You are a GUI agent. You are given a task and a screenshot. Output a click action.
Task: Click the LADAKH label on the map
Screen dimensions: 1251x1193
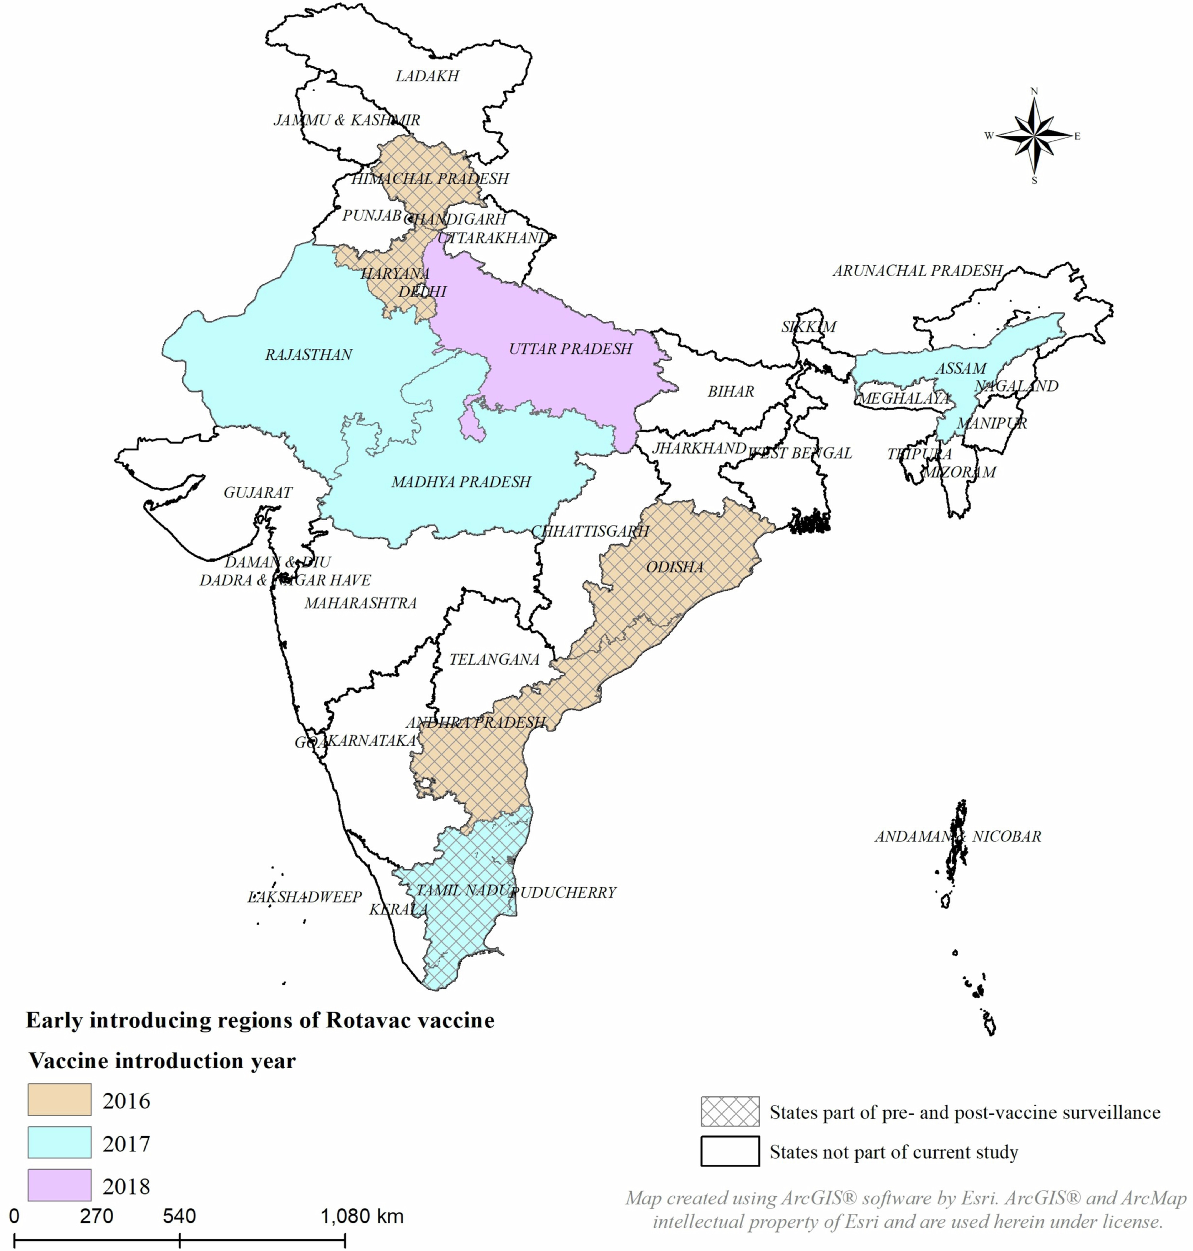[x=427, y=76]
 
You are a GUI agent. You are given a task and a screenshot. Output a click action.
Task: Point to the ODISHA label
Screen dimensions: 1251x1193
[x=675, y=567]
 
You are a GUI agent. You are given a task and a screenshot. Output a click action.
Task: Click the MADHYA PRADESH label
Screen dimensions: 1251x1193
[x=461, y=482]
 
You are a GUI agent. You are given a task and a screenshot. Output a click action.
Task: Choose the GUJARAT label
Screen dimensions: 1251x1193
[x=257, y=492]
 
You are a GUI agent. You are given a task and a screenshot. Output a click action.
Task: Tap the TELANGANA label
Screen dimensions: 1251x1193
[x=494, y=660]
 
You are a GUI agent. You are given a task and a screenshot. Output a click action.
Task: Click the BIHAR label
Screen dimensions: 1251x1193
[x=731, y=392]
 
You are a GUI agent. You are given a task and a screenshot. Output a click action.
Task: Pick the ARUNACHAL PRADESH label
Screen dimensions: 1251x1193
[x=917, y=271]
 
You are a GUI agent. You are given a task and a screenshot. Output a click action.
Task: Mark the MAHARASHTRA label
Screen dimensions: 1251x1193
[x=360, y=603]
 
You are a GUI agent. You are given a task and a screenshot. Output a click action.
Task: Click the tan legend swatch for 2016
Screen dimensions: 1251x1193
[x=59, y=1100]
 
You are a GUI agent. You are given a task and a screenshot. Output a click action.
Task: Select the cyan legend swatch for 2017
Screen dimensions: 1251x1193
[x=59, y=1142]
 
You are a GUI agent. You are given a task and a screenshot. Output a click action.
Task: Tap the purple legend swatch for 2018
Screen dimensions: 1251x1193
[x=59, y=1185]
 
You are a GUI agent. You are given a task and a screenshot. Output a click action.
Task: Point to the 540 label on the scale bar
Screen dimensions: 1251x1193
[x=179, y=1216]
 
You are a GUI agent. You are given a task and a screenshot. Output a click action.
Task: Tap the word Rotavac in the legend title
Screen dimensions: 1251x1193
[x=368, y=1020]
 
